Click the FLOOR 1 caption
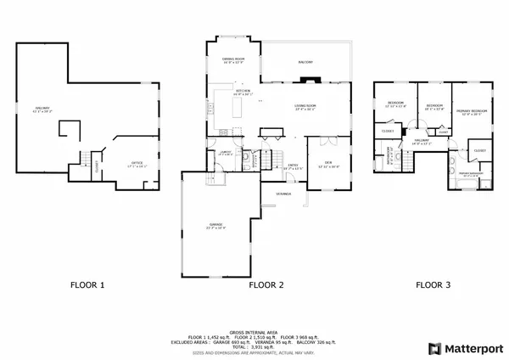point(87,285)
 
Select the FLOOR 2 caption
point(266,285)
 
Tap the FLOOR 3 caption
point(433,285)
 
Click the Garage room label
point(215,226)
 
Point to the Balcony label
point(305,63)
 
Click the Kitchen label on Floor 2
point(242,92)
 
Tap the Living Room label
point(305,107)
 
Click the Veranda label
point(282,194)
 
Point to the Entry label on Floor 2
point(292,166)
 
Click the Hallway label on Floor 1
point(42,109)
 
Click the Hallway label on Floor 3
point(422,141)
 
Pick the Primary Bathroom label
point(470,174)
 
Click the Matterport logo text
point(471,348)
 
